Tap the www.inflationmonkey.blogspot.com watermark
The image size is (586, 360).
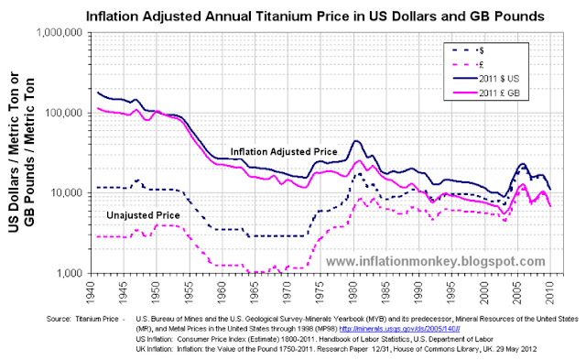click(423, 262)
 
